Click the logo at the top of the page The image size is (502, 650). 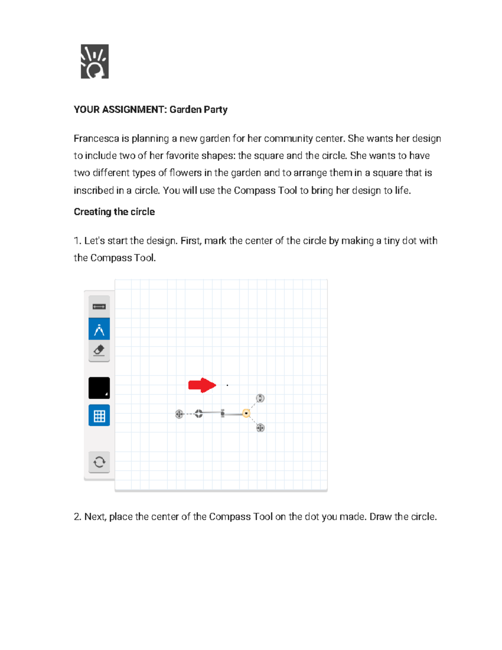[x=95, y=62]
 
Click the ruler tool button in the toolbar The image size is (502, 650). [x=99, y=307]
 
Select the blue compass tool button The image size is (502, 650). [x=99, y=329]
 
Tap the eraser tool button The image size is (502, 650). [x=99, y=350]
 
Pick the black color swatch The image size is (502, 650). [x=99, y=388]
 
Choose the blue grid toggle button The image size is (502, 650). [x=99, y=416]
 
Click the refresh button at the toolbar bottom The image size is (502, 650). [x=99, y=462]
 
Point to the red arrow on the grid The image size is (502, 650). [x=202, y=385]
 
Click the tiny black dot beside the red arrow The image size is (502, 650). [x=227, y=385]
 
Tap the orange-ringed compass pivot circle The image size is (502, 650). [x=246, y=414]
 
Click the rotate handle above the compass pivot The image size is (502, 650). [x=260, y=398]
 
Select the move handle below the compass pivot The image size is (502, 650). [x=260, y=428]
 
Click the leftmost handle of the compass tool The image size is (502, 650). [x=179, y=414]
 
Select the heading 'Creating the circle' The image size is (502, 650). [x=114, y=212]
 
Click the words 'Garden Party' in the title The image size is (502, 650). [x=198, y=110]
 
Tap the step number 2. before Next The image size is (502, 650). [x=77, y=517]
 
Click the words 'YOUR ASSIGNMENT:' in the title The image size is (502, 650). [x=120, y=110]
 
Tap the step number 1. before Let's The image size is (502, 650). [x=77, y=241]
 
